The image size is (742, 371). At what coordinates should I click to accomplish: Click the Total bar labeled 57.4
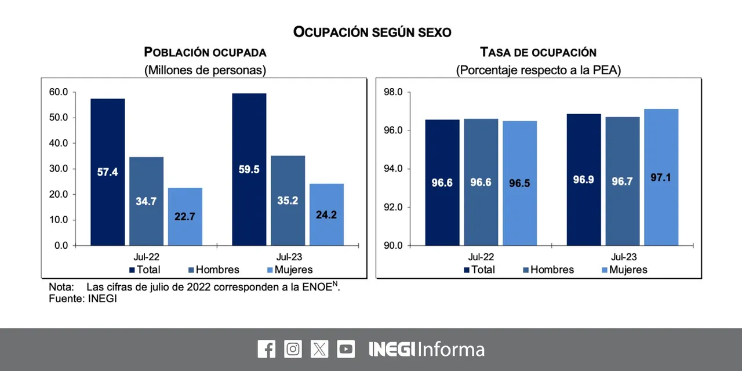point(108,172)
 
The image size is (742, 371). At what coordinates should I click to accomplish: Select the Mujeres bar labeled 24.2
point(326,214)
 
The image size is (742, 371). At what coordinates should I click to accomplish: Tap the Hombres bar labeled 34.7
point(147,201)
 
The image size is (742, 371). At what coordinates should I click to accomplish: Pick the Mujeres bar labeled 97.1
point(661,177)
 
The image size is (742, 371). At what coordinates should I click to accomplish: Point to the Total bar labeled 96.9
point(584,180)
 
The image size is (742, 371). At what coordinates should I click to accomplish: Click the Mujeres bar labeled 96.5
point(520,183)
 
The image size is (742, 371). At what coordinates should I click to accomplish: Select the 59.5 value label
point(249,170)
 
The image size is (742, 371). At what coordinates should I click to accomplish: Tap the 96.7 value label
point(623,181)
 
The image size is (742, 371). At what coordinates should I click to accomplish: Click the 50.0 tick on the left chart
point(59,118)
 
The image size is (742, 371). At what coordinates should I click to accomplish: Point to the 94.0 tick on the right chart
point(393,169)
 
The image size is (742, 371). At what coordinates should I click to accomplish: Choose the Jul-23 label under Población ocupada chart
point(289,257)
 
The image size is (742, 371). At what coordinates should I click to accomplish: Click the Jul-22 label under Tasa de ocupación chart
point(481,257)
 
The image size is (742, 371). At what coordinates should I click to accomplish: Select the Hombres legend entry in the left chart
point(214,270)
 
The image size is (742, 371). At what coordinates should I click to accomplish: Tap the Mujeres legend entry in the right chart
point(624,270)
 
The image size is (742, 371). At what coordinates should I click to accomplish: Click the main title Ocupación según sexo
point(372,32)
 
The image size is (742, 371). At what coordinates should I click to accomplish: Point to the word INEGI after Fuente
point(103,299)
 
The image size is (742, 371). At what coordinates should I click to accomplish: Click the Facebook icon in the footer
point(266,349)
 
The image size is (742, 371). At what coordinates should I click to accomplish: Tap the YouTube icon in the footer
point(346,349)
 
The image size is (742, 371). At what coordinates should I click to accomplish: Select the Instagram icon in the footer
point(293,349)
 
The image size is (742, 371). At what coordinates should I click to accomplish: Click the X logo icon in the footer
point(319,349)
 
